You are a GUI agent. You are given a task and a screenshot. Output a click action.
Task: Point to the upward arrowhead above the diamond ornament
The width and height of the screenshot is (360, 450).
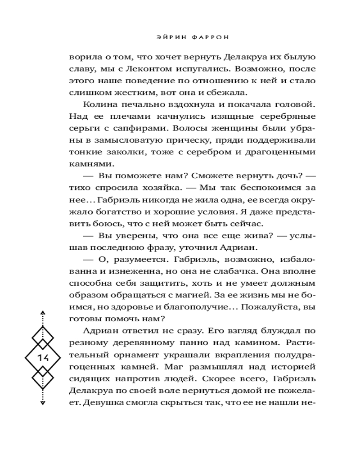[43, 312]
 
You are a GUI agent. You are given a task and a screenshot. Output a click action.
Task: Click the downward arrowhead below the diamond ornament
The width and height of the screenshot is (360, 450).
[43, 403]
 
